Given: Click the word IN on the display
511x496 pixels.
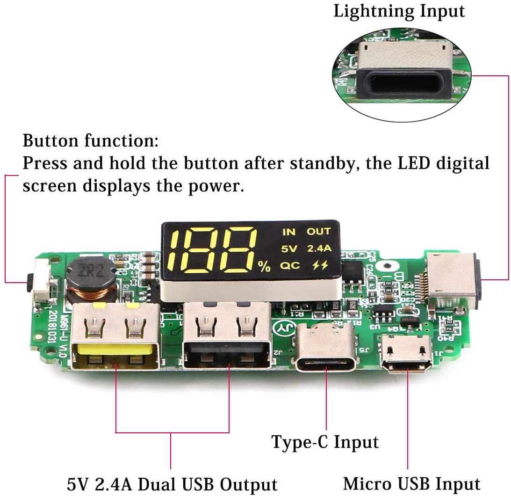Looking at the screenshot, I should coord(289,232).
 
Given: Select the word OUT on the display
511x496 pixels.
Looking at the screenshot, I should coord(318,231).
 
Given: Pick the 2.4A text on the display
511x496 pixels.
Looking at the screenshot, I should coord(319,248).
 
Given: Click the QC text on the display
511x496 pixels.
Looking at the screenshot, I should coord(290,266).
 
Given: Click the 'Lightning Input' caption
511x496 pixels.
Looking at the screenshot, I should coord(399,11).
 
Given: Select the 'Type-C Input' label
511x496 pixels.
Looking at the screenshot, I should coord(325,441).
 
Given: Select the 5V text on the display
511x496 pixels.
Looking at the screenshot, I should coord(289,249).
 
